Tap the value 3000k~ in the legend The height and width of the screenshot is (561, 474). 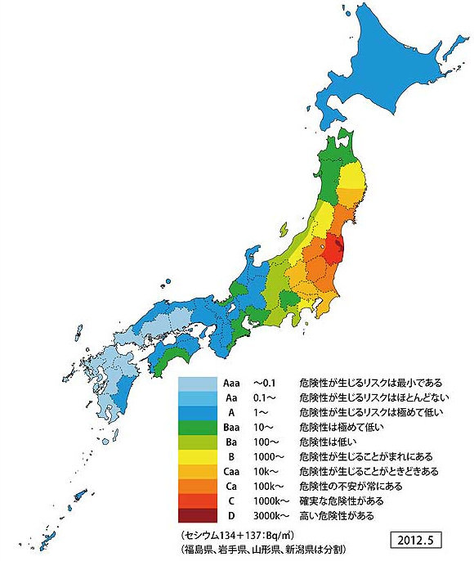pyautogui.click(x=270, y=516)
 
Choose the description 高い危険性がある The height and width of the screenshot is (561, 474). pyautogui.click(x=338, y=516)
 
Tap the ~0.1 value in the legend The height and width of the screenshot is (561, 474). pyautogui.click(x=266, y=382)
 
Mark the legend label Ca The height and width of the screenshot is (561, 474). pyautogui.click(x=231, y=487)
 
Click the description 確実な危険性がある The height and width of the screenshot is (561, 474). pyautogui.click(x=341, y=501)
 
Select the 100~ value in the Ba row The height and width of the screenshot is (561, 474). pyautogui.click(x=265, y=442)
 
